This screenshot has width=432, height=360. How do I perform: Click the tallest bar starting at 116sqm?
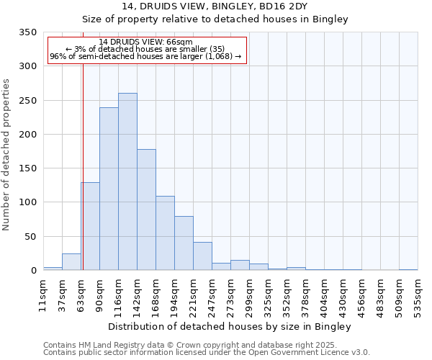pyautogui.click(x=127, y=181)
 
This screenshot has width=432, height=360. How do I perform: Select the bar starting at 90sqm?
pyautogui.click(x=109, y=189)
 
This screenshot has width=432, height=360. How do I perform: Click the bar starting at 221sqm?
pyautogui.click(x=202, y=256)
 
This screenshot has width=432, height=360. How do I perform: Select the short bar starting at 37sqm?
pyautogui.click(x=71, y=262)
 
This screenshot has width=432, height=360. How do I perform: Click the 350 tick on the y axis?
pyautogui.click(x=27, y=32)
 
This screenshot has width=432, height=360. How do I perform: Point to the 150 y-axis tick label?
pyautogui.click(x=27, y=168)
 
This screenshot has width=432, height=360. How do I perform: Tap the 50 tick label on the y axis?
pyautogui.click(x=30, y=236)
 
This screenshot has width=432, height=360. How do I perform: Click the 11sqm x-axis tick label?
pyautogui.click(x=44, y=294)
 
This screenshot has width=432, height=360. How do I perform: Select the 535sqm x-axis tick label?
pyautogui.click(x=418, y=294)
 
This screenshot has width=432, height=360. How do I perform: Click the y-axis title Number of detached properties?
pyautogui.click(x=6, y=155)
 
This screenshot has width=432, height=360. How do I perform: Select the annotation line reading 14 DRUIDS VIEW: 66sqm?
pyautogui.click(x=146, y=42)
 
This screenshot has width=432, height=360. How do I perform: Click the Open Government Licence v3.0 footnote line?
pyautogui.click(x=207, y=352)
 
